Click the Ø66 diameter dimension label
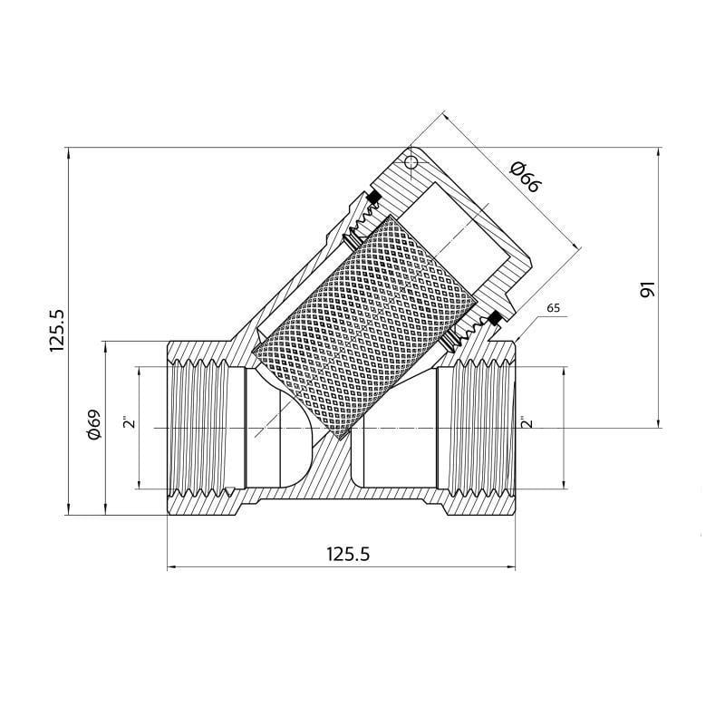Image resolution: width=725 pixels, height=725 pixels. (525, 176)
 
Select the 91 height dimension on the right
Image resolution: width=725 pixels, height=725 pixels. (646, 290)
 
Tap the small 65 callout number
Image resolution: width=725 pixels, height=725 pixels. (553, 308)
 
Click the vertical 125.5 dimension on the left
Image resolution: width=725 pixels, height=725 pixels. (56, 330)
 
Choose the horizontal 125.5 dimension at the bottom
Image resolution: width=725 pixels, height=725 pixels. (341, 554)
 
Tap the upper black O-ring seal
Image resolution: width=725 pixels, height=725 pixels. (372, 198)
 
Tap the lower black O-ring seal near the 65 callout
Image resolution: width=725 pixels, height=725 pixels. (495, 318)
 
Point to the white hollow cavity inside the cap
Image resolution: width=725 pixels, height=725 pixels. (453, 227)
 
